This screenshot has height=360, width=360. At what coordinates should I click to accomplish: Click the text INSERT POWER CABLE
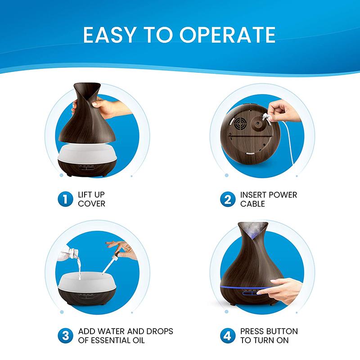[x=268, y=199]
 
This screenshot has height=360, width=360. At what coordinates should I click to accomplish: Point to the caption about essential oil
[x=125, y=336]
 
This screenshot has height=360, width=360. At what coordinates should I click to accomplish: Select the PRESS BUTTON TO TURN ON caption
[x=269, y=336]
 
